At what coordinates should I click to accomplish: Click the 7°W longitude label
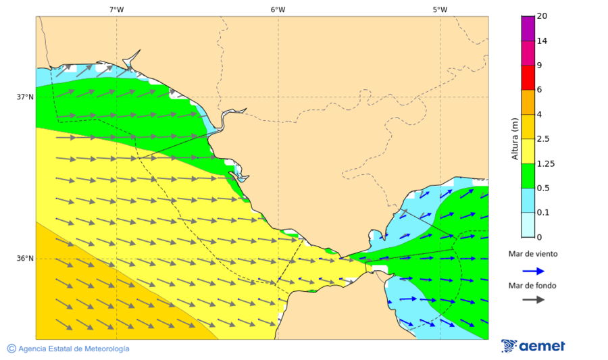(x=116, y=9)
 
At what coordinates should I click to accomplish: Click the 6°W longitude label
(x=278, y=9)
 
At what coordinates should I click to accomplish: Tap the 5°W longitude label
(x=440, y=9)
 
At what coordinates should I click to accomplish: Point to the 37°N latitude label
(x=25, y=97)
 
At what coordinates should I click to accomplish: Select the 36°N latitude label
(x=25, y=259)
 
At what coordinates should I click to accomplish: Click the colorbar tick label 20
(x=542, y=16)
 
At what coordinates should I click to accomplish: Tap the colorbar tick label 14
(x=542, y=41)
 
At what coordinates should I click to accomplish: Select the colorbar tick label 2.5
(x=542, y=139)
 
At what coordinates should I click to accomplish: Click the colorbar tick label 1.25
(x=544, y=163)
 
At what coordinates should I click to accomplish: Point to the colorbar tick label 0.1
(x=542, y=213)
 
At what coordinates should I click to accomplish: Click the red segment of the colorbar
(x=528, y=78)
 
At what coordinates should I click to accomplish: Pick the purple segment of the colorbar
(x=528, y=28)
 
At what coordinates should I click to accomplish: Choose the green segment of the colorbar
(x=528, y=176)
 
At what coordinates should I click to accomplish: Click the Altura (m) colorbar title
(x=515, y=139)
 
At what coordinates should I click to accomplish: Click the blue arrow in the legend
(x=534, y=272)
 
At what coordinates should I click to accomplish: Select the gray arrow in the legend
(x=534, y=299)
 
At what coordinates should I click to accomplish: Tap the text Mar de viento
(x=534, y=254)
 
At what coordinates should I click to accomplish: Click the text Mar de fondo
(x=533, y=285)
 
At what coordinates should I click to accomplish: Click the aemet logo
(x=534, y=346)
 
